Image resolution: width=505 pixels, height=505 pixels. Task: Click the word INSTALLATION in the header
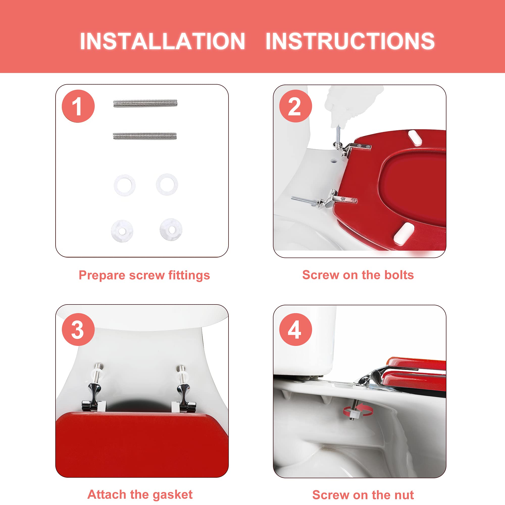(162, 41)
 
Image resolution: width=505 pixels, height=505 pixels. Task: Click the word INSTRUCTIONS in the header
(350, 41)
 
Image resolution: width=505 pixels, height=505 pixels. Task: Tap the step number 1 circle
(78, 106)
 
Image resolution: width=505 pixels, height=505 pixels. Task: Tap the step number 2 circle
(296, 106)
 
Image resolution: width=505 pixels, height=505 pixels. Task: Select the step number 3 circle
(78, 330)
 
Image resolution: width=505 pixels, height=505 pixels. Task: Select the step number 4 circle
(296, 330)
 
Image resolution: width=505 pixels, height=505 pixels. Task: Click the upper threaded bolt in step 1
(145, 104)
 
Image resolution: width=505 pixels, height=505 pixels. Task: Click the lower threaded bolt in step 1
(145, 136)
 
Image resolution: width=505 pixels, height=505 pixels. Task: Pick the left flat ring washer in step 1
(125, 185)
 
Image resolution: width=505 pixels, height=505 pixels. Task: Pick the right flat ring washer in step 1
(167, 185)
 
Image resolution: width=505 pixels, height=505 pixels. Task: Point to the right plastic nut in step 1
(171, 229)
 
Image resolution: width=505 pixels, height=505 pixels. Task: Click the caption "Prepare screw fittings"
(144, 275)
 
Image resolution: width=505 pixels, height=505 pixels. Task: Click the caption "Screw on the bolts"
(358, 275)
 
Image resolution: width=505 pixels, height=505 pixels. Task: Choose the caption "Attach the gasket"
(140, 495)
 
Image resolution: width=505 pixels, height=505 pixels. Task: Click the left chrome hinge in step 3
(95, 389)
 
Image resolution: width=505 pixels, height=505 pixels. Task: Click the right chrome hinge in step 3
(183, 389)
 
